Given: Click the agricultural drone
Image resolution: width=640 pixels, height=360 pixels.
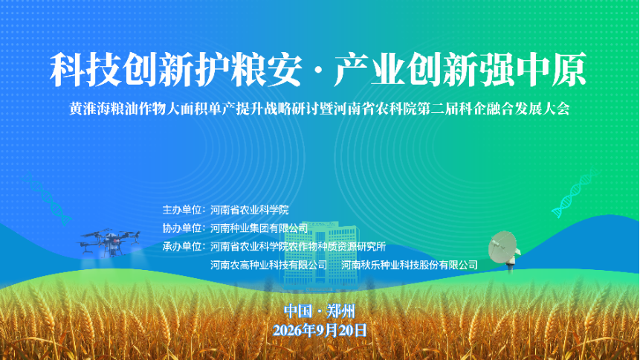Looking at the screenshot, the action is coord(109,242).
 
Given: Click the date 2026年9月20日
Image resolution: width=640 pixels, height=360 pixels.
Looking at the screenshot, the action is coord(320,330).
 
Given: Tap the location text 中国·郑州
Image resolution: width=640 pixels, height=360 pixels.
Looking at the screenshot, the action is coord(320,312).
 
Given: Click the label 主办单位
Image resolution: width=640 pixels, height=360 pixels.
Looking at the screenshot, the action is coord(181,210).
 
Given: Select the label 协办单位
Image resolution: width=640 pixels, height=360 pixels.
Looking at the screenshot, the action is coord(181,228).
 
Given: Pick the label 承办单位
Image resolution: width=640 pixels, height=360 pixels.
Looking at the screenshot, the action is coord(181,246).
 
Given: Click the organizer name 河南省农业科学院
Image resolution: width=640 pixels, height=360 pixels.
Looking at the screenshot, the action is coord(250,210).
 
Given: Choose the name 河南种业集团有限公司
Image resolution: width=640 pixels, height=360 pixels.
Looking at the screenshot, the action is coord(259,228).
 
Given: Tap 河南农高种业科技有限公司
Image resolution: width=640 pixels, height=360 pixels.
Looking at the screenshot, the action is coord(268,265).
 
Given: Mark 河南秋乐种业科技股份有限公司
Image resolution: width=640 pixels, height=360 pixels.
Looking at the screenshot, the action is coord(410,265).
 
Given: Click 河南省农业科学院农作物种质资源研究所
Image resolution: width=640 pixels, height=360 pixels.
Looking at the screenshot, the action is coord(298,246).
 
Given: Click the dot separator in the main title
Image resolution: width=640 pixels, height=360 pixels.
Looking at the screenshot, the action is coord(319,71).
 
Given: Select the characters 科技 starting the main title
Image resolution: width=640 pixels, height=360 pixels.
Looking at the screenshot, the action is coord(85,69).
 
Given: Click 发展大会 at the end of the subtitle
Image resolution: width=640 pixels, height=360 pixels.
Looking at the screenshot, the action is coord(542,109).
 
